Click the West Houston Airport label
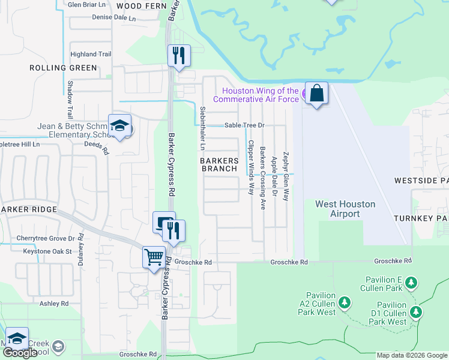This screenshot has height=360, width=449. (345, 209)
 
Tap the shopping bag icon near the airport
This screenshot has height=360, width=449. (316, 94)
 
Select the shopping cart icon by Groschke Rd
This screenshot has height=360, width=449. (154, 257)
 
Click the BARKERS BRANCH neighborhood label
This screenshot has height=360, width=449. (219, 165)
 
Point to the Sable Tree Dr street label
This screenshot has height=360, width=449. (245, 125)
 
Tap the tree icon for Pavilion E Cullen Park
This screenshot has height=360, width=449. (411, 281)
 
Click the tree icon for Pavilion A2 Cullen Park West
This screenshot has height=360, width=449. (345, 301)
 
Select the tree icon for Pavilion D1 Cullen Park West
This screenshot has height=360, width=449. (415, 311)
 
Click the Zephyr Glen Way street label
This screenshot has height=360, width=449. (286, 175)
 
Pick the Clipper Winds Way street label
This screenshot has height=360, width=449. (250, 167)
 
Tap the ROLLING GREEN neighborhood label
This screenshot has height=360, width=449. (64, 68)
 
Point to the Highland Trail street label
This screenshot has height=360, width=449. (91, 54)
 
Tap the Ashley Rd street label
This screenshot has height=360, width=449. (54, 304)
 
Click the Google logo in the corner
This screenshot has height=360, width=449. (20, 353)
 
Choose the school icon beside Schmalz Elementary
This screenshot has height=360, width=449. (119, 126)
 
